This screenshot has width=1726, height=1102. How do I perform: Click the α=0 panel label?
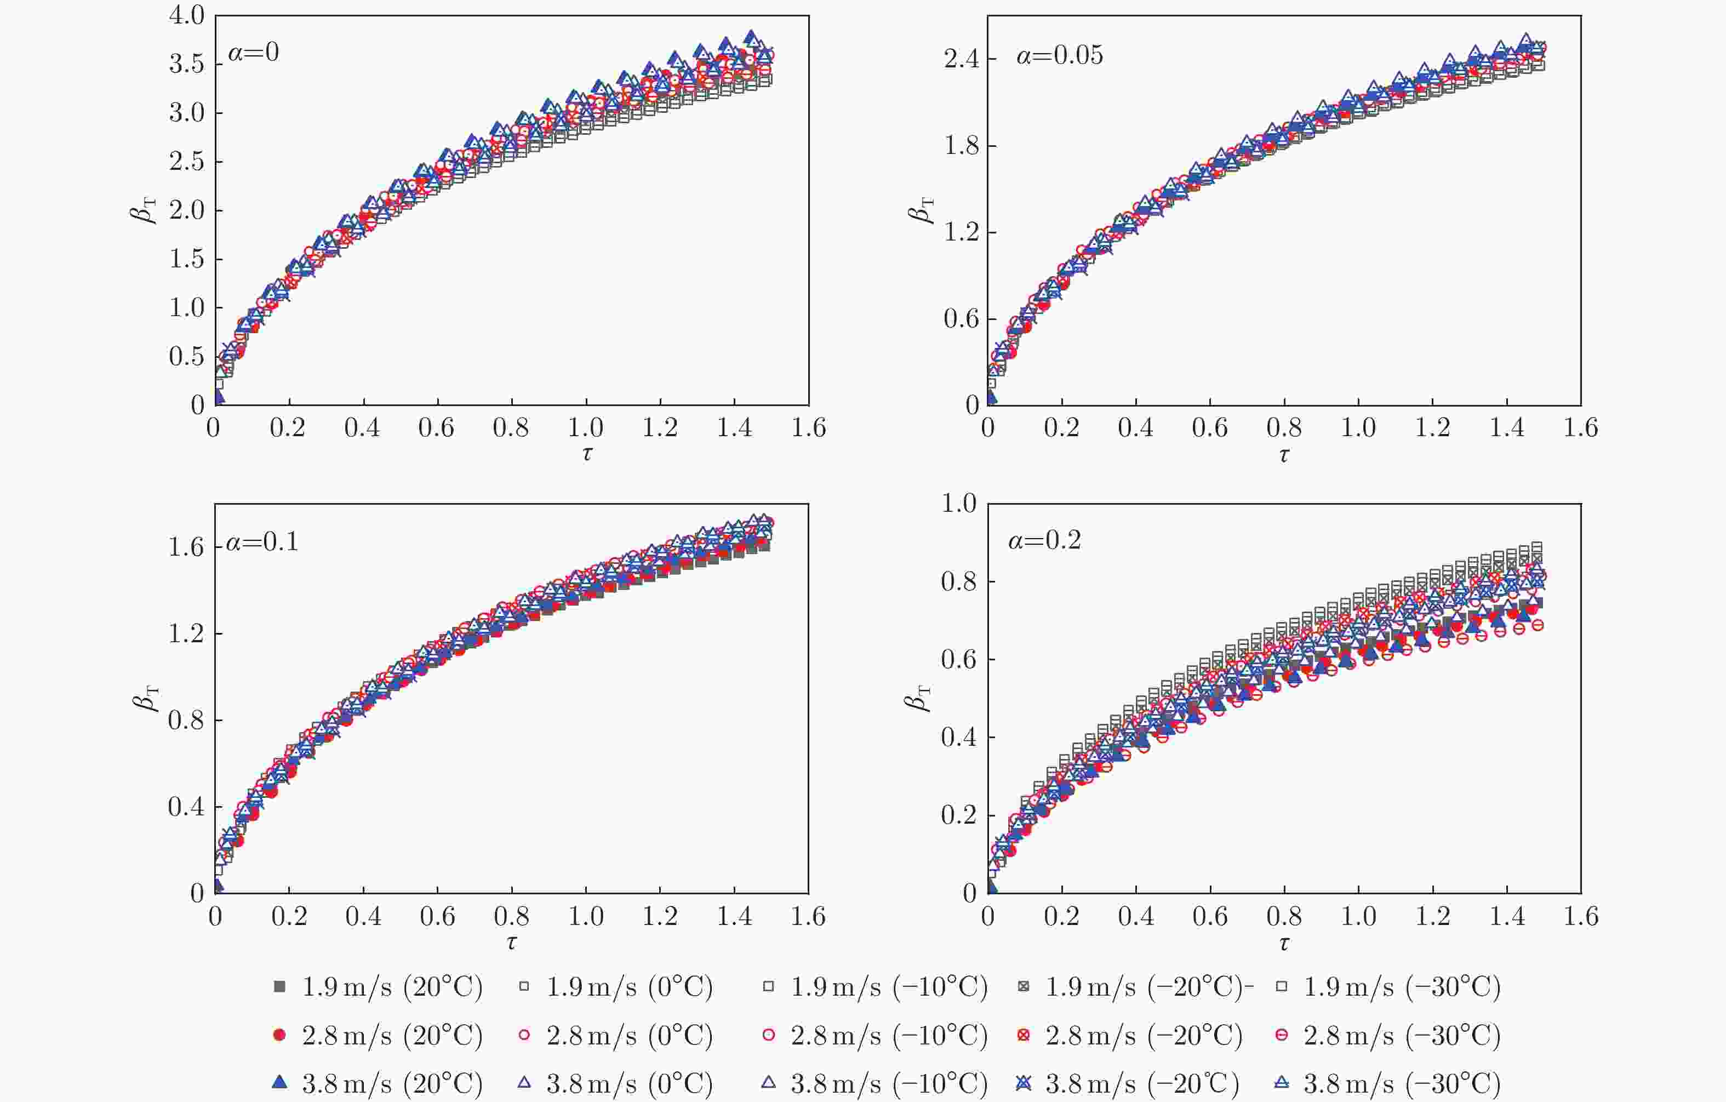pos(254,53)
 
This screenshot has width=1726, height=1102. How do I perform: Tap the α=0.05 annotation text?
pos(1059,55)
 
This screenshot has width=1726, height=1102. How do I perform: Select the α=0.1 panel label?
pos(262,542)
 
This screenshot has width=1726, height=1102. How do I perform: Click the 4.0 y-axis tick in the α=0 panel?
pos(186,16)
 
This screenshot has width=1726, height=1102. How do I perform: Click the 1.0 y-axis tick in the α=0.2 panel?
pos(959,504)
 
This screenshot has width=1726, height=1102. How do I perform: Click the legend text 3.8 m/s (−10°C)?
pos(889,1083)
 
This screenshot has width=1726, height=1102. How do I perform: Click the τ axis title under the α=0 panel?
pos(587,453)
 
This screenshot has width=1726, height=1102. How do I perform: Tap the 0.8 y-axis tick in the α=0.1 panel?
pos(186,721)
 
